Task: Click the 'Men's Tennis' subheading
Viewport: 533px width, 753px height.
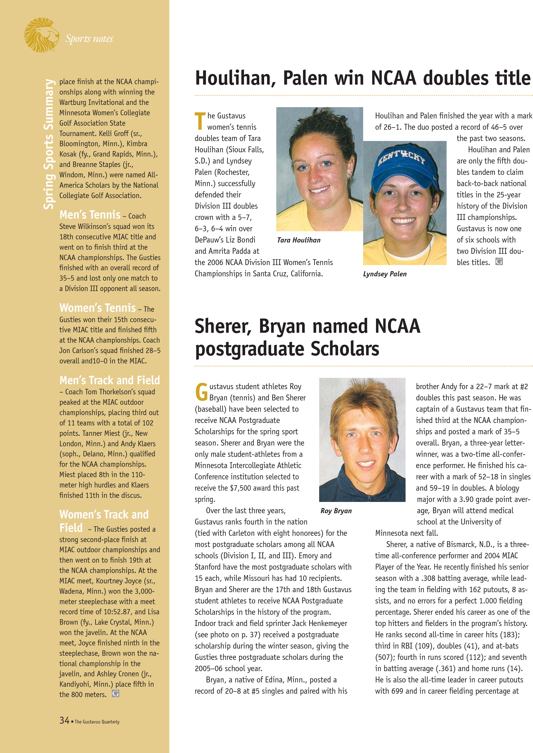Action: [x=90, y=215]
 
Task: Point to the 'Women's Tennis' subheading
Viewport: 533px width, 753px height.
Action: [x=97, y=308]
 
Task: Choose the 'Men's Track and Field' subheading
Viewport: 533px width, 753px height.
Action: [x=110, y=380]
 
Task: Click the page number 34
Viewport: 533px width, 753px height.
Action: [x=64, y=721]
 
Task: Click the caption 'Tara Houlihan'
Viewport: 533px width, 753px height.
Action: [x=299, y=240]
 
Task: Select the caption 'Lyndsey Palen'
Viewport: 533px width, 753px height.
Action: [x=385, y=274]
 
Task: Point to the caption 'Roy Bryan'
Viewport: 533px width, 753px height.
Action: [x=336, y=511]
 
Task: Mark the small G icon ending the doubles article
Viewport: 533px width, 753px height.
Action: [x=499, y=262]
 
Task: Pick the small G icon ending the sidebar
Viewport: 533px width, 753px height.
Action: [x=115, y=694]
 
